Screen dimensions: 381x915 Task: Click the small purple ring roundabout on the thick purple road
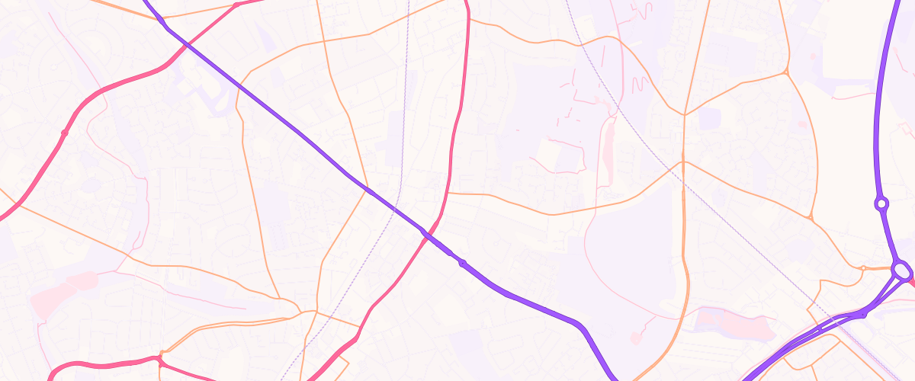(882, 203)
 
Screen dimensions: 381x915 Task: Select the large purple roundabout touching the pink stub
(901, 271)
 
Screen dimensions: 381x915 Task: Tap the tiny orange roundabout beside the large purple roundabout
(862, 267)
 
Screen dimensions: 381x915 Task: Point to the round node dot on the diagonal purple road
(462, 264)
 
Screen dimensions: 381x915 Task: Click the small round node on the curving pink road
(65, 133)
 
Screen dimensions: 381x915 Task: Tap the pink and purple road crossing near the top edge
(188, 44)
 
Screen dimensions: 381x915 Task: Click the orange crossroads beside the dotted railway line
(683, 162)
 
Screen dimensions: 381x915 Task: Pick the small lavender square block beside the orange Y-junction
(710, 118)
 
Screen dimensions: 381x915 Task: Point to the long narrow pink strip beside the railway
(608, 145)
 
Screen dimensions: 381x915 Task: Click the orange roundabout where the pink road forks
(161, 356)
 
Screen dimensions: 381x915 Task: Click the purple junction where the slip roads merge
(863, 313)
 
